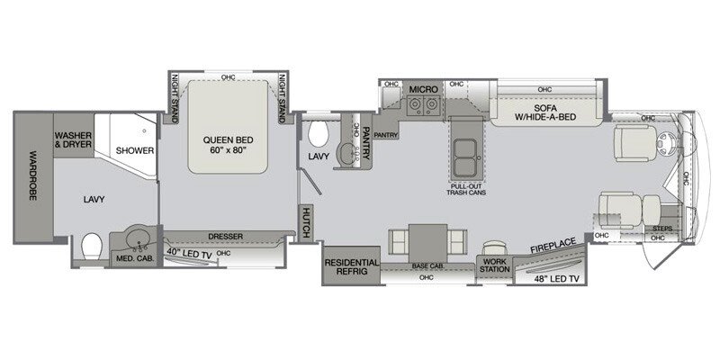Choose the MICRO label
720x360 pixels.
tap(422, 90)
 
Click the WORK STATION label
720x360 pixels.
tap(494, 262)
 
